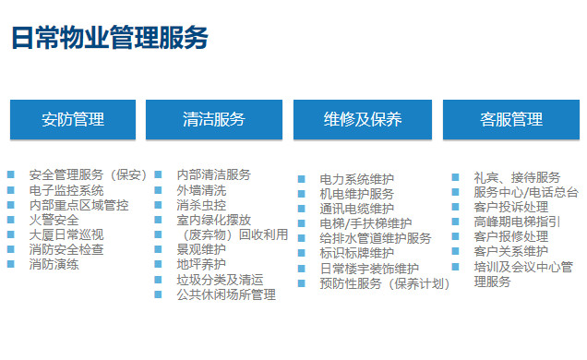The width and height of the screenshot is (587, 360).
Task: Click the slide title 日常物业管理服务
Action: click(109, 38)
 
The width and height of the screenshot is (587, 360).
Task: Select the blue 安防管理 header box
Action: click(73, 119)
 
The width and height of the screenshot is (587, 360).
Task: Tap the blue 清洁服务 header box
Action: click(214, 119)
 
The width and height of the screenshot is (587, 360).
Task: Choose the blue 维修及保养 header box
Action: click(363, 119)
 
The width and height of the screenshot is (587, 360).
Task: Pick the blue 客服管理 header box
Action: click(510, 119)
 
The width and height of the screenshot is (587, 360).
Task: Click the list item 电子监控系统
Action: click(66, 190)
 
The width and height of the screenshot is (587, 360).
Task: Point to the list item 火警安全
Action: click(54, 220)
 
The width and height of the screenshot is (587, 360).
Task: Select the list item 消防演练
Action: click(54, 264)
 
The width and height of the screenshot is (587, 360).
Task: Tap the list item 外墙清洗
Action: click(201, 190)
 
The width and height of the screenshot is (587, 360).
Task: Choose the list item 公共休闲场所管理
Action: click(226, 294)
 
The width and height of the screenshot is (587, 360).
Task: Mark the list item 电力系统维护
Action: click(357, 179)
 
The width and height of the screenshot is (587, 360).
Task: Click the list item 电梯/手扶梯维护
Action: click(365, 223)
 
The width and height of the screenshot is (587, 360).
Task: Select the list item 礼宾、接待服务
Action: click(517, 176)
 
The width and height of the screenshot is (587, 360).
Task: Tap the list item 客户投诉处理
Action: click(510, 207)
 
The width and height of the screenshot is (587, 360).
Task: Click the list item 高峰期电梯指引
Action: click(517, 222)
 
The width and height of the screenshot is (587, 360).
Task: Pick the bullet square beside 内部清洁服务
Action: click(158, 174)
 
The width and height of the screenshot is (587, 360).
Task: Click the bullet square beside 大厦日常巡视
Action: click(10, 234)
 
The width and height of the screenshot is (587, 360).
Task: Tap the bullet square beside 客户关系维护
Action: click(455, 250)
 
